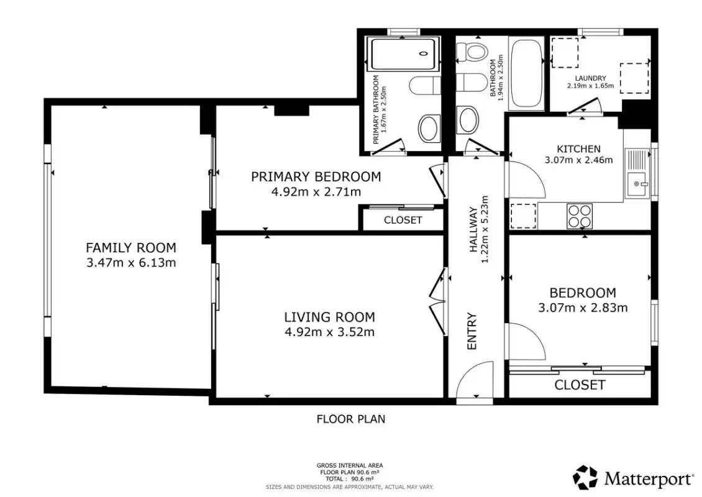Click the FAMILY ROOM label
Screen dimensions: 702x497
pyautogui.click(x=130, y=248)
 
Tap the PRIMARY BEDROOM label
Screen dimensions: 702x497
pyautogui.click(x=316, y=177)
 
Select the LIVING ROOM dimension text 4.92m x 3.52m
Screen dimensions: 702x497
pyautogui.click(x=329, y=332)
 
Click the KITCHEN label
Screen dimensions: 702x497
pyautogui.click(x=578, y=148)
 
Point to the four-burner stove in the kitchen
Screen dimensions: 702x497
pyautogui.click(x=580, y=216)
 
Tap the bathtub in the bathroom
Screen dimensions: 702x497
pyautogui.click(x=527, y=74)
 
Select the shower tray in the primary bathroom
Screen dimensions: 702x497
pyautogui.click(x=401, y=54)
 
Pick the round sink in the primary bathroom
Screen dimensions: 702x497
pyautogui.click(x=429, y=129)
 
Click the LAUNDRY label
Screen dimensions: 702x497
pyautogui.click(x=591, y=78)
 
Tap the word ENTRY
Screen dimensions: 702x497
pyautogui.click(x=472, y=331)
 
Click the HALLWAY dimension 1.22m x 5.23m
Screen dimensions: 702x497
pyautogui.click(x=485, y=230)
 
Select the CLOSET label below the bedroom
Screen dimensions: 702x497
pyautogui.click(x=580, y=385)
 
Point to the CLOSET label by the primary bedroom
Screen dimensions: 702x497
pyautogui.click(x=403, y=220)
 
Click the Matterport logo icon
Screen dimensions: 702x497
pyautogui.click(x=585, y=477)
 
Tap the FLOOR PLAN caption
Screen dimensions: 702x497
pyautogui.click(x=351, y=419)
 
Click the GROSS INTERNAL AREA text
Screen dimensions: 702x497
pyautogui.click(x=350, y=466)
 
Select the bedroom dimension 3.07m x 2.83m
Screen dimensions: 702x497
pyautogui.click(x=583, y=308)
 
